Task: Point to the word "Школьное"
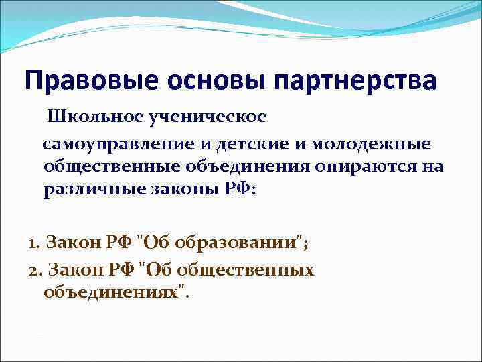(105, 117)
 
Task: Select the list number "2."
(35, 269)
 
